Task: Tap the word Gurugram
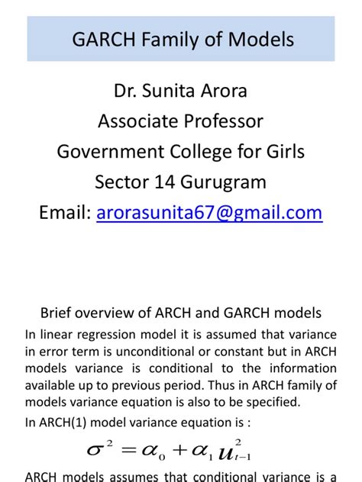tap(223, 182)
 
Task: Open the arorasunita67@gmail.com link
tap(210, 213)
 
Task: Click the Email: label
tap(65, 213)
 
